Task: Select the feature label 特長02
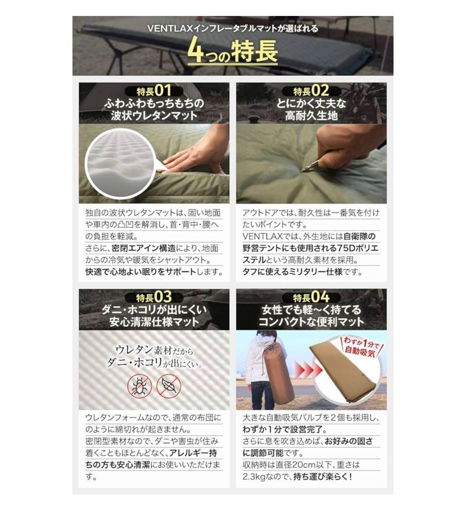tap(311, 91)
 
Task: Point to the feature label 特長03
tap(154, 297)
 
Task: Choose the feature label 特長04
tap(311, 297)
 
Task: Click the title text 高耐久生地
tap(311, 116)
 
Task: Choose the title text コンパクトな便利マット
tap(311, 322)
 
